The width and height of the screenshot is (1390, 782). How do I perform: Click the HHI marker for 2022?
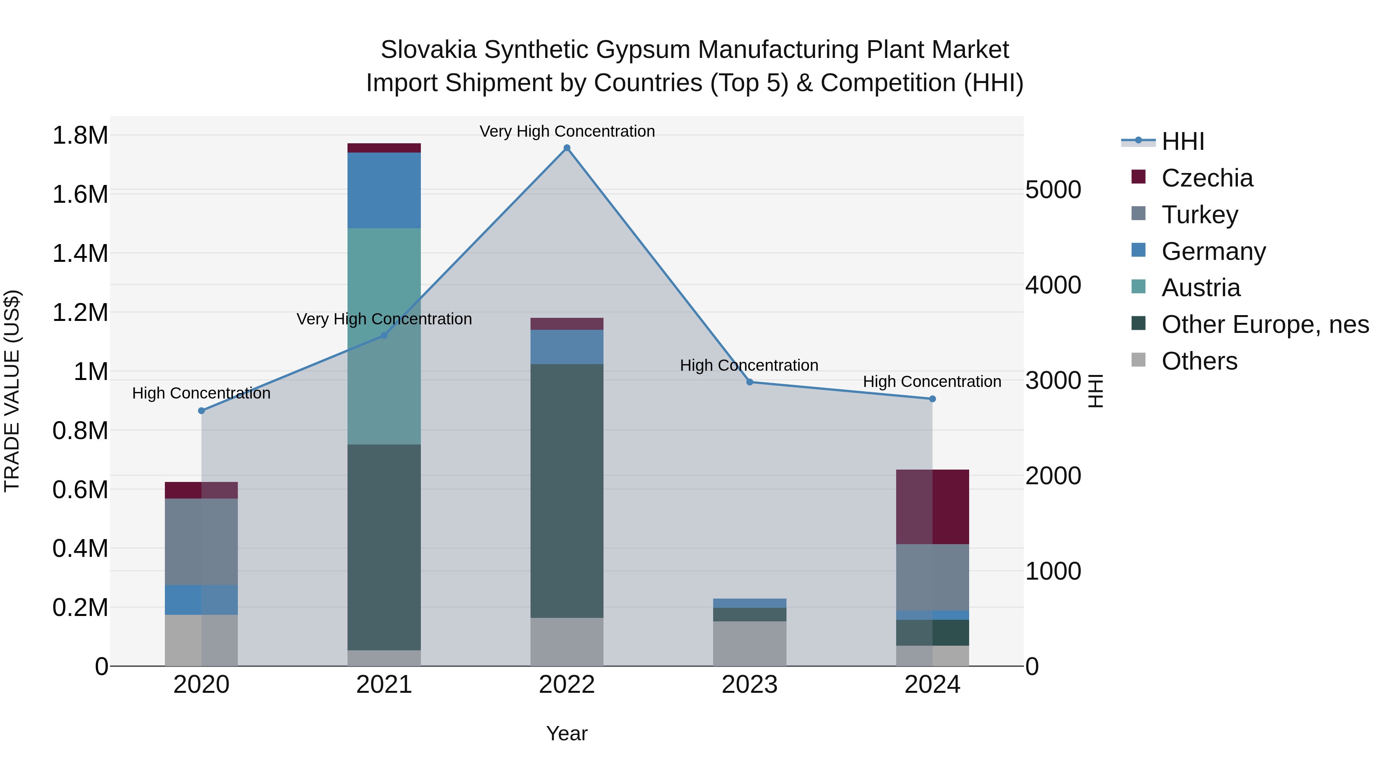(x=566, y=148)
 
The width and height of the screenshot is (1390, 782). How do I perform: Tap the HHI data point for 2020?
(x=201, y=411)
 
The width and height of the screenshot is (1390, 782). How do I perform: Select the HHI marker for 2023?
(x=749, y=382)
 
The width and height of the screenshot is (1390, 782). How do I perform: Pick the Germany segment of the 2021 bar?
(x=384, y=190)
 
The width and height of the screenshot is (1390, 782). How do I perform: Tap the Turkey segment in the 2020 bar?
(x=201, y=541)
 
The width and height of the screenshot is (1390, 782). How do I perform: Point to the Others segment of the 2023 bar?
(x=749, y=643)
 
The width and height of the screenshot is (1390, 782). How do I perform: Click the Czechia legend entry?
(x=1207, y=178)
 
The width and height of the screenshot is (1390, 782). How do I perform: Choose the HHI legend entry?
(x=1182, y=141)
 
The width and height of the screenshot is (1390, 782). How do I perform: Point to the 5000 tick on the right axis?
(x=1053, y=190)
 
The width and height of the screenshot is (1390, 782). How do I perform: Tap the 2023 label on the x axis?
(x=749, y=685)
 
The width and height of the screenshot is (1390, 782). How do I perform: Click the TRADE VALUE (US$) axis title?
(x=12, y=391)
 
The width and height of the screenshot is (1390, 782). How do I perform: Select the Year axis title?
(x=566, y=733)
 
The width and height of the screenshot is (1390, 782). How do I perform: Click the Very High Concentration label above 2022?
(x=566, y=131)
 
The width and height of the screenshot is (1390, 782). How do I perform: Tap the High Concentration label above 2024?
(x=932, y=382)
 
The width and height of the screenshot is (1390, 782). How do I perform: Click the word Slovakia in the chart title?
(x=429, y=50)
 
